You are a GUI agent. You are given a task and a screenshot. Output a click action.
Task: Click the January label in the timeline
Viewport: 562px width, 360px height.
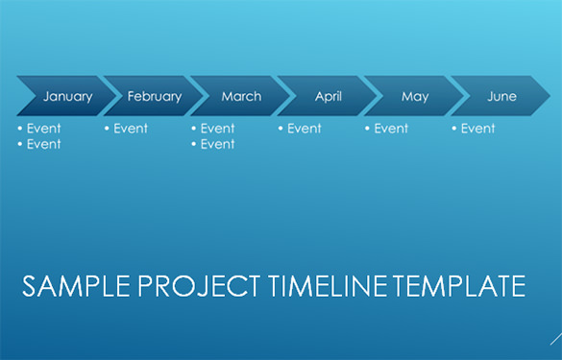point(67,96)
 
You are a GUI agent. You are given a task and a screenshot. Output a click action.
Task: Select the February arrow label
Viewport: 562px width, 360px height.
point(155,96)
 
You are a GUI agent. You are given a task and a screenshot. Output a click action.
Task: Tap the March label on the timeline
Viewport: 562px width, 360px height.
point(241,96)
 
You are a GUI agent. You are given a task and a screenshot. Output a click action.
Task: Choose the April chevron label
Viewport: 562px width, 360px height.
point(329,96)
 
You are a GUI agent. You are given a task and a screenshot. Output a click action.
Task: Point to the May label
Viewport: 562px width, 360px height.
point(415,96)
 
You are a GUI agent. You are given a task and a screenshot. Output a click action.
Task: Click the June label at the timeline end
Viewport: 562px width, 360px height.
point(501,96)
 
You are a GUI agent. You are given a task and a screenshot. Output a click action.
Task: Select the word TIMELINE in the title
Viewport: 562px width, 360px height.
point(322,287)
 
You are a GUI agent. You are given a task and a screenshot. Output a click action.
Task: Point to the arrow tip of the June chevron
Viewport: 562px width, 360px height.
point(549,95)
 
